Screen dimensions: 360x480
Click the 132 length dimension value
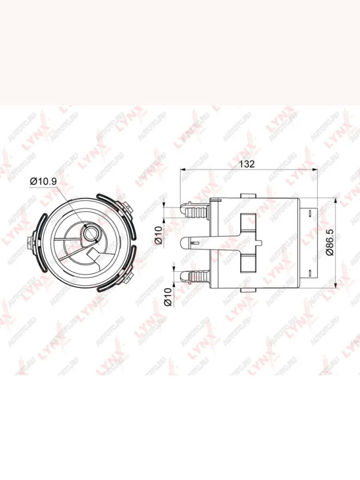pos(247,164)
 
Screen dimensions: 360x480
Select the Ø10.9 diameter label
pos(43,182)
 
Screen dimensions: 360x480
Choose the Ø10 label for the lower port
pos(168,297)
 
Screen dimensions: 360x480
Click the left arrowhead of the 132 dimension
pos(182,169)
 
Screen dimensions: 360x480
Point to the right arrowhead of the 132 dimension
pos(314,169)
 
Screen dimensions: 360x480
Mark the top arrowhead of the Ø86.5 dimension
pos(336,200)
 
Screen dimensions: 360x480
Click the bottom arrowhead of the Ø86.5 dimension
pos(336,286)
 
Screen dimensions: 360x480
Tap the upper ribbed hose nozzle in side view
pos(194,211)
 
